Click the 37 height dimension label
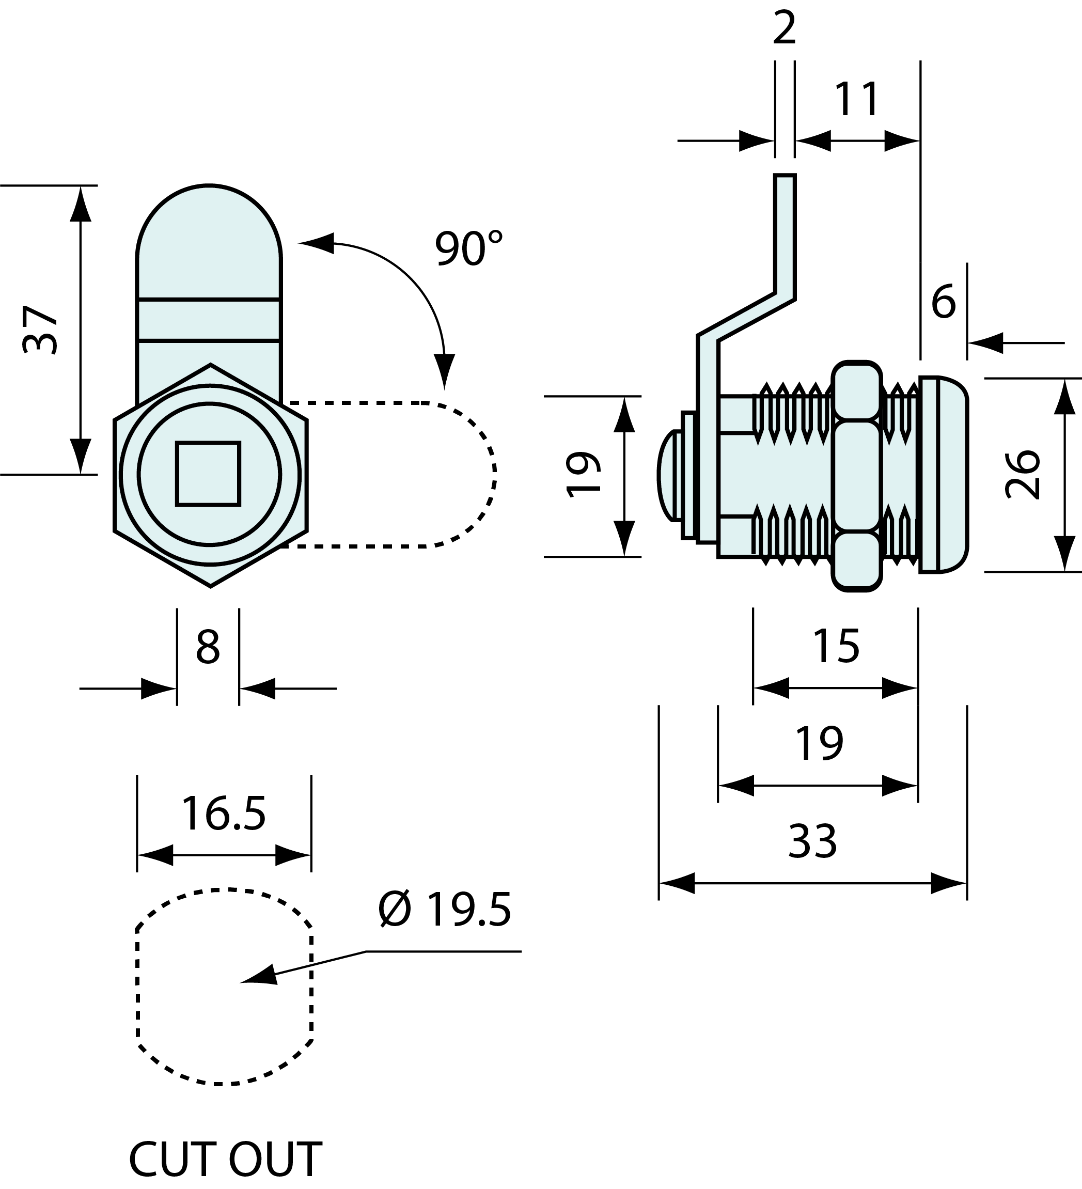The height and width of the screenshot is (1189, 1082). tap(40, 330)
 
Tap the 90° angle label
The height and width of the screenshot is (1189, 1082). tap(469, 248)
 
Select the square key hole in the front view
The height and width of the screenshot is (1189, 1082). tap(208, 474)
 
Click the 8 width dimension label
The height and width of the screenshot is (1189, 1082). tap(208, 648)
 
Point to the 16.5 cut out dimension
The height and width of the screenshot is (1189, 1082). tap(224, 814)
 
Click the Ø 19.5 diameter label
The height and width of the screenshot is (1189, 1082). tap(445, 910)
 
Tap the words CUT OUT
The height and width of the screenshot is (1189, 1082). tap(225, 1159)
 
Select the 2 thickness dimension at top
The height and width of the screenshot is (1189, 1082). tap(784, 28)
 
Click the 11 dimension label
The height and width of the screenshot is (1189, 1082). tap(857, 100)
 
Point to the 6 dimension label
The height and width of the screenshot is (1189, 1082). tap(943, 302)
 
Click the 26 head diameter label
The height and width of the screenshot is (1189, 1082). tap(1023, 475)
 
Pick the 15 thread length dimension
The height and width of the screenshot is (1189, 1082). tap(836, 646)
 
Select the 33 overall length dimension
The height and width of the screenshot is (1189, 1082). tap(812, 841)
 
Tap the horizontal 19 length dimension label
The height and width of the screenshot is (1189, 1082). tap(819, 744)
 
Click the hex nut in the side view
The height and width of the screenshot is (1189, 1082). tap(857, 476)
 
